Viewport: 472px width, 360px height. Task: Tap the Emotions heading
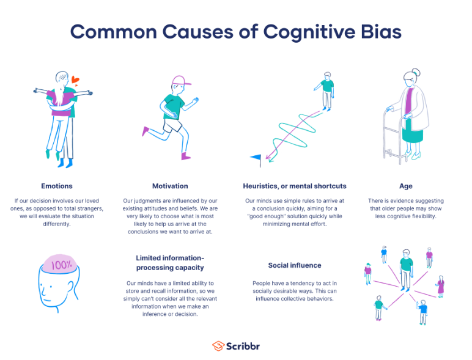56,186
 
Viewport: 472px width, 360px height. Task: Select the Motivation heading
170,186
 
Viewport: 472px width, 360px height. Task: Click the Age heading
405,186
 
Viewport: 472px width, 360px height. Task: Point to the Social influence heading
295,265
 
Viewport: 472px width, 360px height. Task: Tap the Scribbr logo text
243,346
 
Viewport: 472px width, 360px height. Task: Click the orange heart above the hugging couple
75,79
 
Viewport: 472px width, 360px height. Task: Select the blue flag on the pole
256,158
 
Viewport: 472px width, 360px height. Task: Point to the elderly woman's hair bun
416,72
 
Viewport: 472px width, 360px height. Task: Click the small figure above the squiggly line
327,90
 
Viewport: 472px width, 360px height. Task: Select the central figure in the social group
406,268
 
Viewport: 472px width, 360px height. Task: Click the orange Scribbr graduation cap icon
218,346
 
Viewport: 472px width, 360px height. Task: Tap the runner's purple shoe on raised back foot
146,131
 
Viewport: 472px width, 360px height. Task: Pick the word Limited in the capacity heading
149,258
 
